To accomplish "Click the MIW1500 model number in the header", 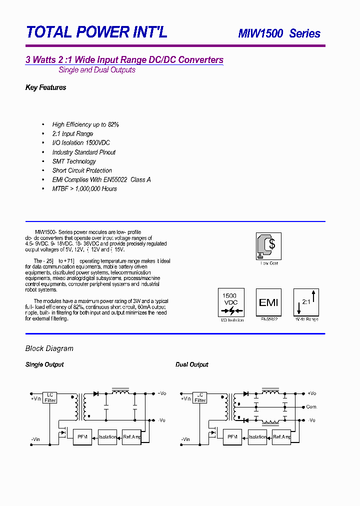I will (x=260, y=33).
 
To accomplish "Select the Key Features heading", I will (x=45, y=87).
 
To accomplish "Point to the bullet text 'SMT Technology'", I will (x=74, y=161).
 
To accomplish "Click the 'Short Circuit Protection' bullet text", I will (x=82, y=170).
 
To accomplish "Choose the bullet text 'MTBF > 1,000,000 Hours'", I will (x=84, y=188).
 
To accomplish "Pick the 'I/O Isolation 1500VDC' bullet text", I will (x=81, y=143).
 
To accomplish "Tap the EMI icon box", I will (x=268, y=302).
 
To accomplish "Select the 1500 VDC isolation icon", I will (x=230, y=302).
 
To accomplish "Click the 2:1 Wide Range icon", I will (x=306, y=302).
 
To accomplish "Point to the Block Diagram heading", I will (x=49, y=348).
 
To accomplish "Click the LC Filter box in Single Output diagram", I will (x=50, y=397).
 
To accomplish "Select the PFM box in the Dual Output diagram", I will (x=232, y=436).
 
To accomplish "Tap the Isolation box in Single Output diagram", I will (x=107, y=436).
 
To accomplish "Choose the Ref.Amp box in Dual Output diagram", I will (x=282, y=436).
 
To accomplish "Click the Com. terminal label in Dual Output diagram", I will (x=311, y=407).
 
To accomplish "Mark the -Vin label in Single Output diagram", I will (x=35, y=439).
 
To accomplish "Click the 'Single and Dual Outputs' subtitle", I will (x=97, y=70).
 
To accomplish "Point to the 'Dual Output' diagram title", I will (x=191, y=364).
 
